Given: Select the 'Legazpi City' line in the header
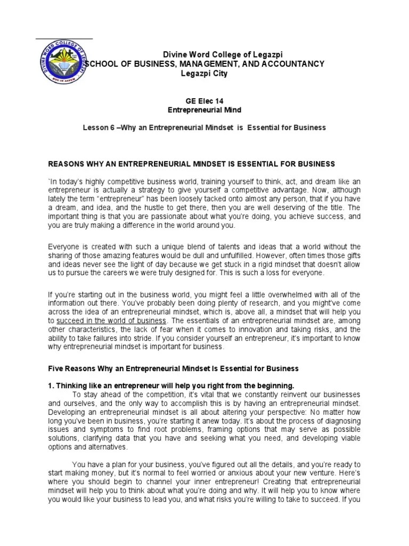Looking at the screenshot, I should click(x=204, y=74).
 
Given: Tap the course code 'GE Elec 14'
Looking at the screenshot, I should click(x=205, y=100).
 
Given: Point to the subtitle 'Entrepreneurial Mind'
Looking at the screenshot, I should click(x=204, y=110).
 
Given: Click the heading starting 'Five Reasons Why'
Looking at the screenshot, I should click(x=174, y=368).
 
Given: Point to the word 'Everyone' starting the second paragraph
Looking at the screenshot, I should click(x=64, y=246).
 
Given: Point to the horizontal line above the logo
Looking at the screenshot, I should click(x=64, y=39).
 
